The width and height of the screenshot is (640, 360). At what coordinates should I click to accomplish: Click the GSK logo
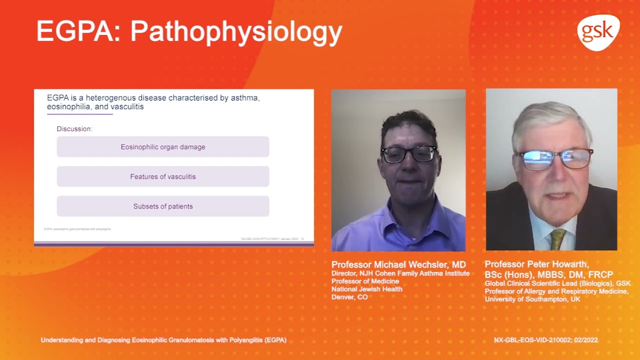tap(598, 32)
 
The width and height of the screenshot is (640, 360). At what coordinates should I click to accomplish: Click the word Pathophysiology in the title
tap(236, 32)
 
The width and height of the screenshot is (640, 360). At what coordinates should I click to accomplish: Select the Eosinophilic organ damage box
tap(163, 147)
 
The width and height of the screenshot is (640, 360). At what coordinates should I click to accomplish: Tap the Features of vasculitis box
tap(163, 176)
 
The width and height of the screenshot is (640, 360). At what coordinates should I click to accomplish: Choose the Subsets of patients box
tap(163, 206)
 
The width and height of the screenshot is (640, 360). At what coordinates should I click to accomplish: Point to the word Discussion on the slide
tap(74, 129)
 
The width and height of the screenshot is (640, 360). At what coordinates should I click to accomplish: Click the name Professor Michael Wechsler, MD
tap(398, 264)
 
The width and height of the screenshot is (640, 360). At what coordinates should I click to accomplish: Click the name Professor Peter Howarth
tap(536, 264)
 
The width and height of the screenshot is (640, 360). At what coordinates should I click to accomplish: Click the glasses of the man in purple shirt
tap(409, 154)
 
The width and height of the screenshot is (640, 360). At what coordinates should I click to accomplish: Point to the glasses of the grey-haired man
tap(555, 159)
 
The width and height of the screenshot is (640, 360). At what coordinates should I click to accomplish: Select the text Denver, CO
tap(349, 297)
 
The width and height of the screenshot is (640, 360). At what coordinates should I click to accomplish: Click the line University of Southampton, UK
tap(532, 299)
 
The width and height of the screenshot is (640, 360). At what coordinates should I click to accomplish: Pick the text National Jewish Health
tap(366, 289)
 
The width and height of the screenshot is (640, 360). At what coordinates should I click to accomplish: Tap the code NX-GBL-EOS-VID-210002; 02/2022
tap(545, 340)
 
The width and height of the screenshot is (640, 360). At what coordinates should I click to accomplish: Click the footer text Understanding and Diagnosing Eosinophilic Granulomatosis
tap(163, 340)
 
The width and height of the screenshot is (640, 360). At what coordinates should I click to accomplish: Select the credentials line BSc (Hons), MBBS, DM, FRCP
tap(548, 274)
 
